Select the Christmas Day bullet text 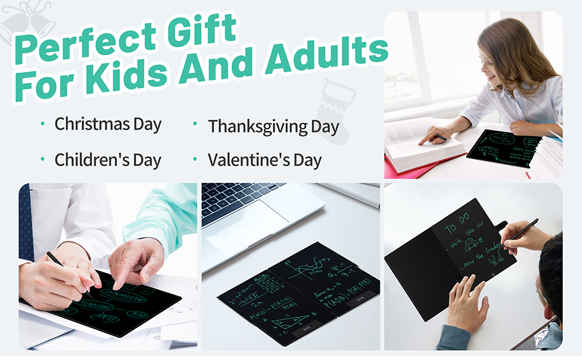tap(108, 125)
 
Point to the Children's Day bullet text tap(108, 160)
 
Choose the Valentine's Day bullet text tap(265, 160)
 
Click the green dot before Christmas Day tap(43, 124)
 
